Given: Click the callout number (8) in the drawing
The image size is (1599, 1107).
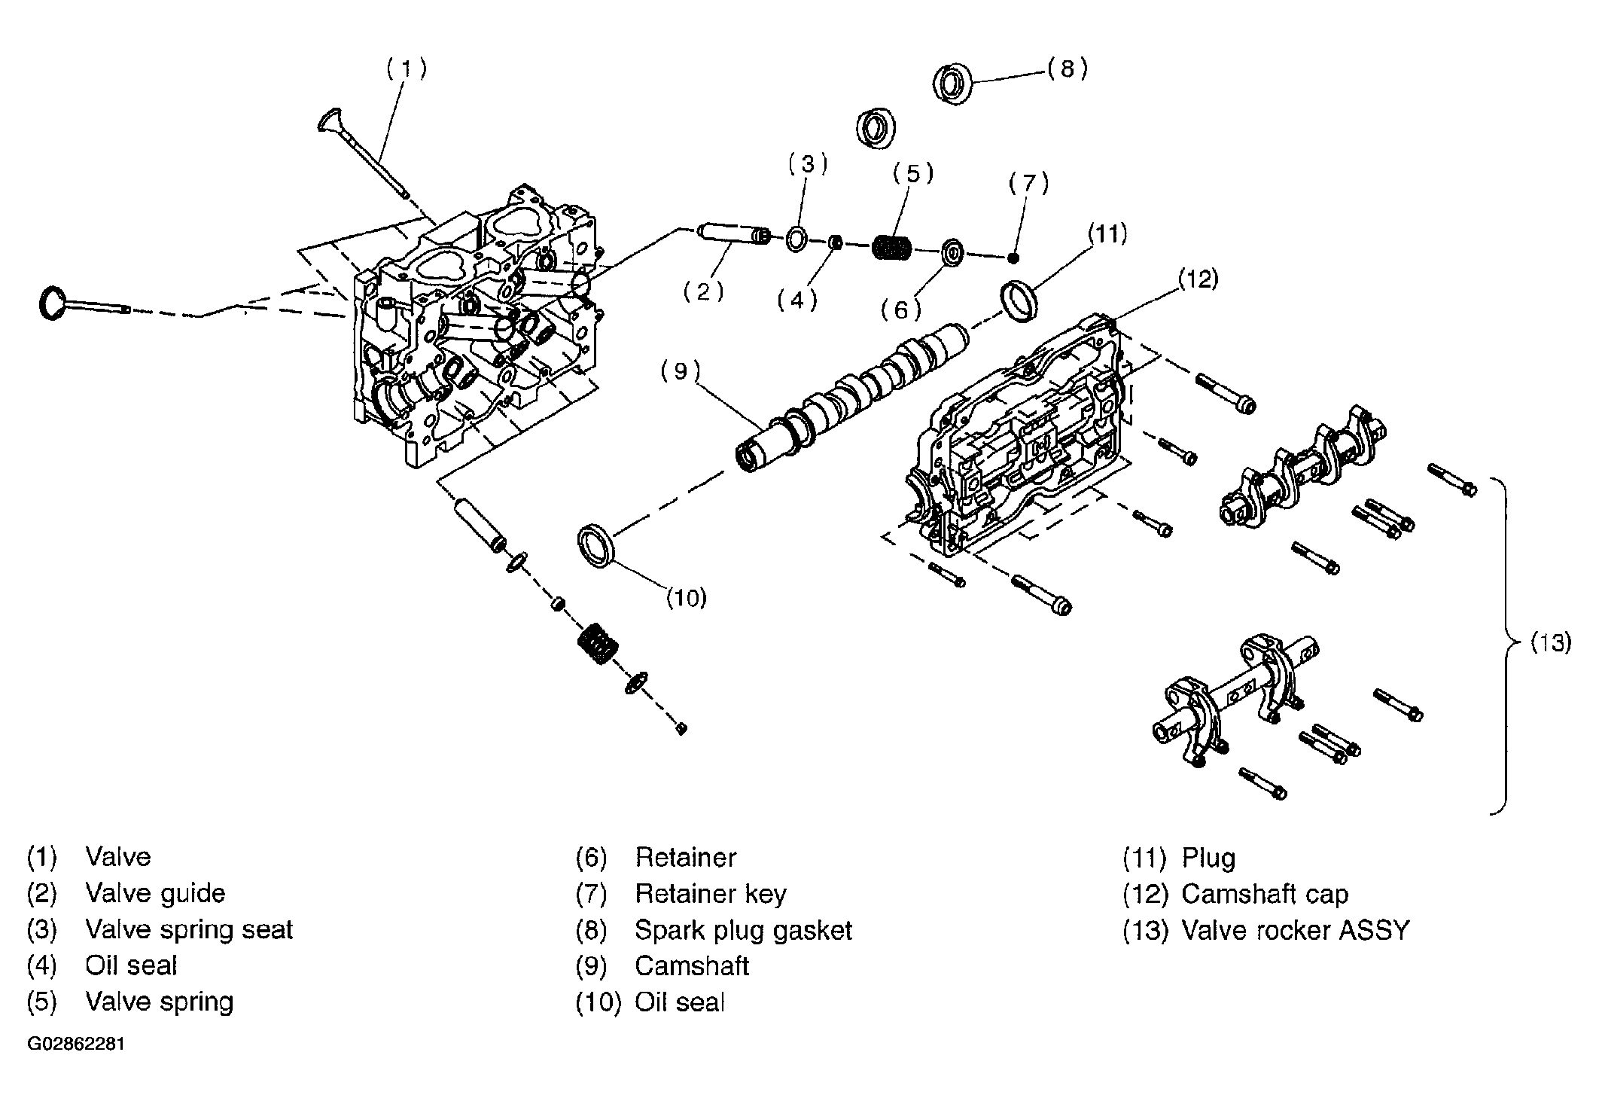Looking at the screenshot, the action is tap(1068, 69).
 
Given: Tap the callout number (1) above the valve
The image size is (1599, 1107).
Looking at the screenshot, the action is tap(407, 69).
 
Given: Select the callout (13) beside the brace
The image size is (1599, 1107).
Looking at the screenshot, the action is tap(1552, 643).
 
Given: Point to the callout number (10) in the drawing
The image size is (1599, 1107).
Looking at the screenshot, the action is tap(687, 598).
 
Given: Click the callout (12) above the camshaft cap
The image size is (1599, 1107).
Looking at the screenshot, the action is tap(1197, 279).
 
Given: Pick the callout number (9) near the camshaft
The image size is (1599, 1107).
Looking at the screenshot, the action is tap(681, 371).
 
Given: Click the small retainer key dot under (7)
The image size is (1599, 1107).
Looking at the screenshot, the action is tap(1014, 258).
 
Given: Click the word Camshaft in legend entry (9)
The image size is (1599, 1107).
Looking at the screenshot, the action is tap(692, 966).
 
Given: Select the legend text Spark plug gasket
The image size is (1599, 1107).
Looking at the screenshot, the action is tap(743, 931).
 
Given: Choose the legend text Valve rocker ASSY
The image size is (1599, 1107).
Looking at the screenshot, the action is tap(1295, 931).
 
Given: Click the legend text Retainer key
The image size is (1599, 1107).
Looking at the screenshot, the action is tap(711, 895).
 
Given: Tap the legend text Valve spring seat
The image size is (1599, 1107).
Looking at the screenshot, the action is tap(189, 930).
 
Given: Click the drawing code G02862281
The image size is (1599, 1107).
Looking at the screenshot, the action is tap(76, 1045).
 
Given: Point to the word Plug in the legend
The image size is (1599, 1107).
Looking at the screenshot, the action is tap(1208, 858).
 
